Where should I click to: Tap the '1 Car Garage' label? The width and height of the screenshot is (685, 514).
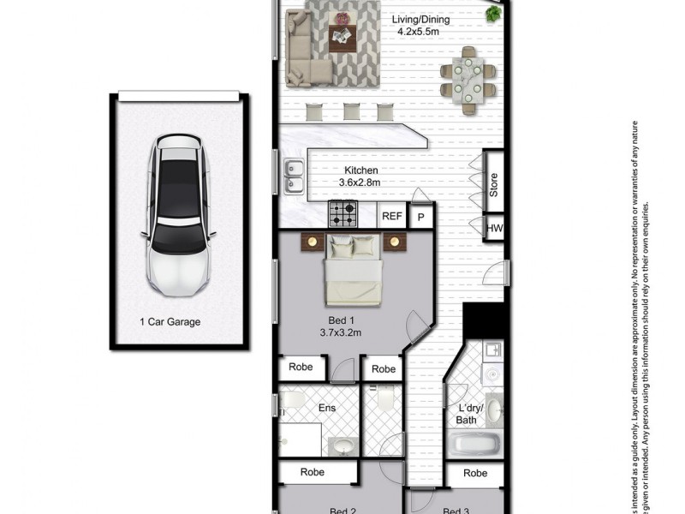[170, 322]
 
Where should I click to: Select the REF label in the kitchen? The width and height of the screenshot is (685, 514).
[392, 216]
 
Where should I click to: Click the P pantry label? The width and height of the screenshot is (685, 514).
[420, 218]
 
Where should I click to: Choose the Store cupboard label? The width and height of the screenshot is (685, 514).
[493, 185]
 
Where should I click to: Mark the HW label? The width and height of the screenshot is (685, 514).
[494, 228]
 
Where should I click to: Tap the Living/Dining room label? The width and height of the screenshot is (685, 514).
[420, 26]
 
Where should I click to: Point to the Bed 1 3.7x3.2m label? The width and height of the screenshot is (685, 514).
[341, 325]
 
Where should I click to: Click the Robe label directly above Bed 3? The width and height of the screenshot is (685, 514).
[475, 473]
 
